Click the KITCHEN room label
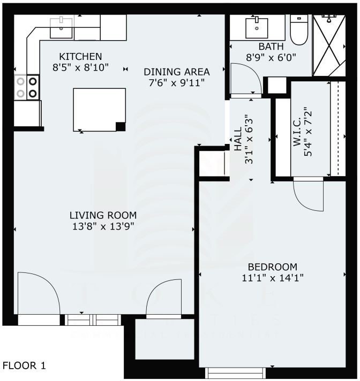[80, 56]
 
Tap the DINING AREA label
[176, 72]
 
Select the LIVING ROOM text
[103, 215]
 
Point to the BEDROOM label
[272, 267]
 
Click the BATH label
[271, 47]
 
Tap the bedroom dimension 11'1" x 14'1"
[272, 278]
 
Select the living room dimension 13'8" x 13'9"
[103, 226]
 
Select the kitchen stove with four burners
[27, 87]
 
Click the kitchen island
[99, 109]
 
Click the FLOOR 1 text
[25, 366]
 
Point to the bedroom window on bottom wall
[236, 372]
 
